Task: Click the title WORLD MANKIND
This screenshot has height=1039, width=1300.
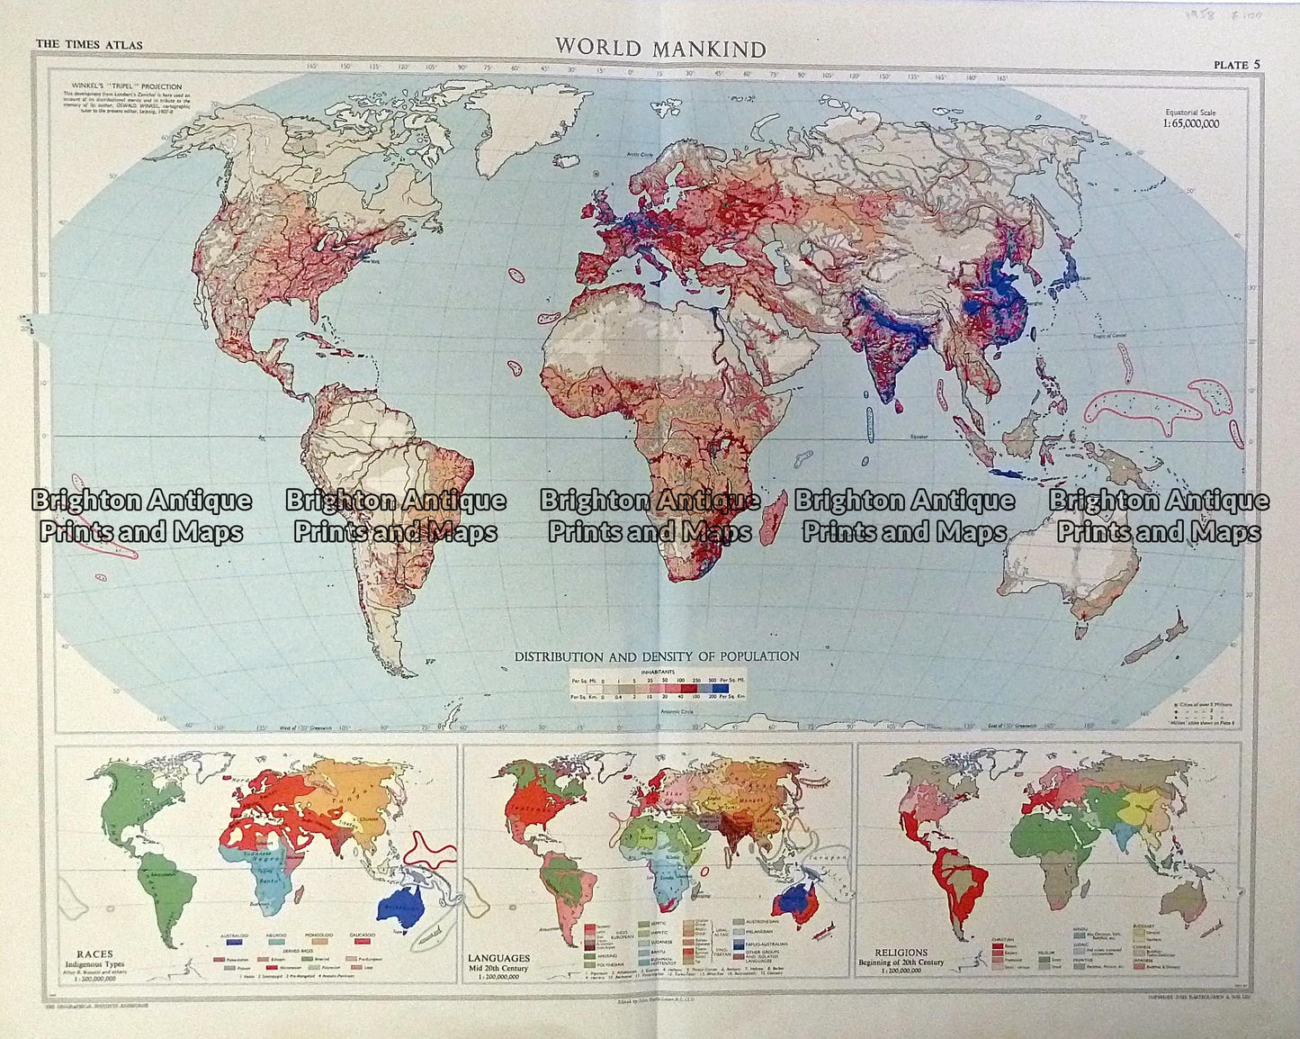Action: point(659,48)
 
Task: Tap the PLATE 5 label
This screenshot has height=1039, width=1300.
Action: point(1236,65)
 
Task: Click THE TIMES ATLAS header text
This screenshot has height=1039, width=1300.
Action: point(88,45)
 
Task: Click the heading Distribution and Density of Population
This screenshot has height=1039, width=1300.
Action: point(656,656)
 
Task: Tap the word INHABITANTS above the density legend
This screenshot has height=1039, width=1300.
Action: point(657,671)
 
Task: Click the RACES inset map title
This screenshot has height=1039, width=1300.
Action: point(94,954)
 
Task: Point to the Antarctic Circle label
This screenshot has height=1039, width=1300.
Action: point(652,711)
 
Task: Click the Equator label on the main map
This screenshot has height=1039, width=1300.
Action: point(918,437)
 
